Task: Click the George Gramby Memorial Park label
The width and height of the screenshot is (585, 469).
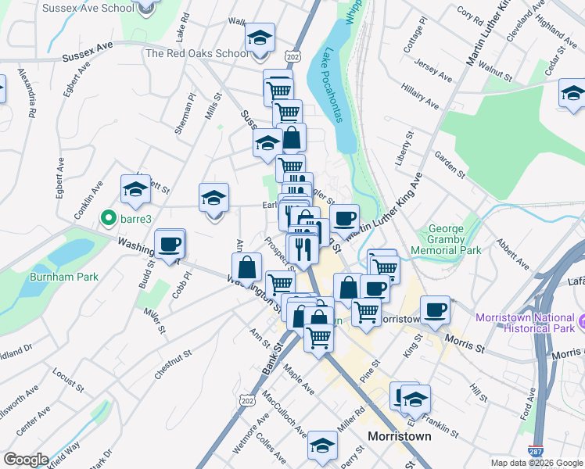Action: [x=454, y=240]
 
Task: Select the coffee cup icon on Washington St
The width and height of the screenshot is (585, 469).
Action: [x=170, y=245]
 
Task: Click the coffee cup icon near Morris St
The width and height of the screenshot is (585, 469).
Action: [x=435, y=310]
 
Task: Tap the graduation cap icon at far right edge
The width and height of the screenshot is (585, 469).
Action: [x=572, y=94]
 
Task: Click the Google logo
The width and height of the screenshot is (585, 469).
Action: [x=26, y=460]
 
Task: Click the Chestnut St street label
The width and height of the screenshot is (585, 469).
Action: [x=173, y=365]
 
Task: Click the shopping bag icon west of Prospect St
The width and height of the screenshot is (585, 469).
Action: [x=246, y=267]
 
